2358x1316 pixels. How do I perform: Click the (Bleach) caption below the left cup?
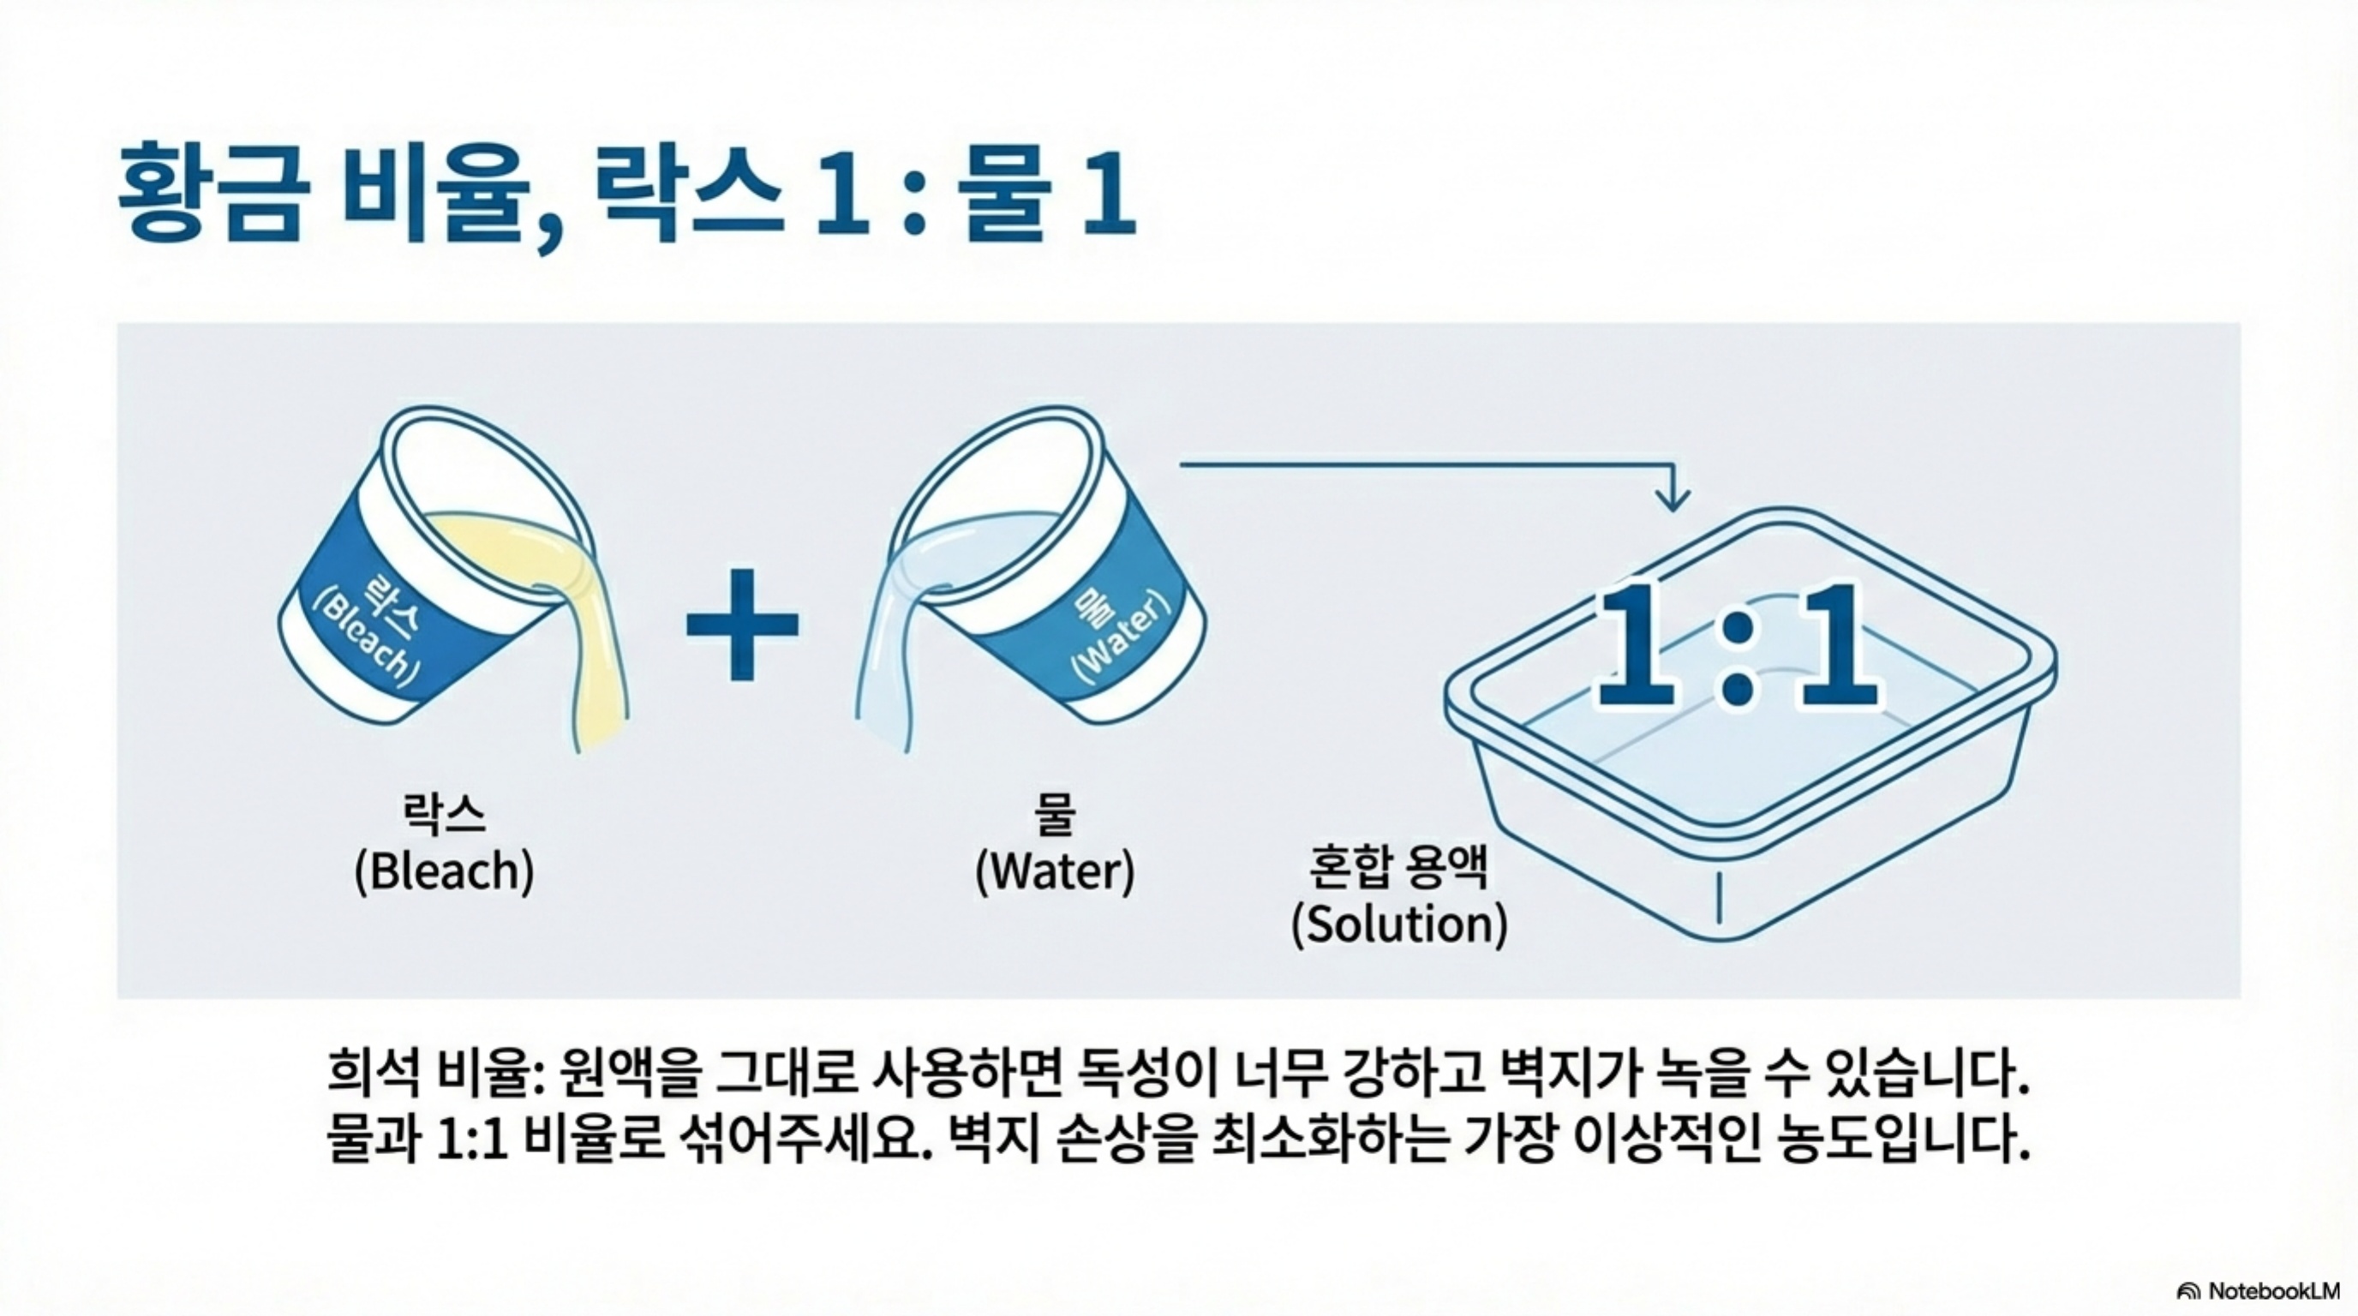[x=444, y=871]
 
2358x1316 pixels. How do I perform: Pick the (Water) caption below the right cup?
[x=1055, y=871]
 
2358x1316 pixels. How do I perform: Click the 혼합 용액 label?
[x=1397, y=867]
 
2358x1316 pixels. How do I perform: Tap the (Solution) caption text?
[x=1398, y=924]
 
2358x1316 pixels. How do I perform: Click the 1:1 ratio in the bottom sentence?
[x=472, y=1140]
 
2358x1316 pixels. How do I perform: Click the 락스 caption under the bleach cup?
[x=444, y=814]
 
